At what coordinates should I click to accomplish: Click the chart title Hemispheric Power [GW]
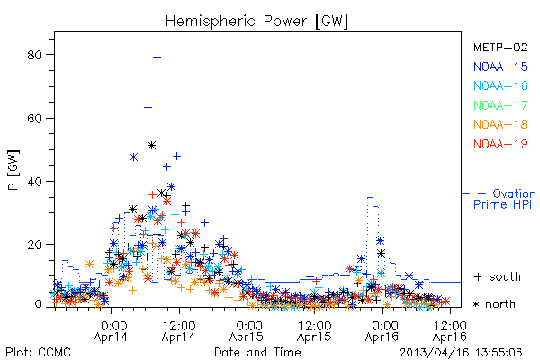[x=256, y=22]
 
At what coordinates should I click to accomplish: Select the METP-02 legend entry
[x=500, y=47]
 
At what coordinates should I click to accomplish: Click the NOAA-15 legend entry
[x=500, y=67]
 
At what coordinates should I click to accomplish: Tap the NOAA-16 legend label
[x=500, y=85]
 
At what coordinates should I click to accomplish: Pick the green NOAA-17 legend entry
[x=500, y=105]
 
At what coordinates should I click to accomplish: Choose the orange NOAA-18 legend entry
[x=500, y=124]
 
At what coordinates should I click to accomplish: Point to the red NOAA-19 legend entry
[x=500, y=144]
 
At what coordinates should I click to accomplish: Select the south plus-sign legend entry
[x=498, y=276]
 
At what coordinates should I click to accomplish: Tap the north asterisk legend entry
[x=494, y=304]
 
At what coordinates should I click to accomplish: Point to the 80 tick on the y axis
[x=34, y=55]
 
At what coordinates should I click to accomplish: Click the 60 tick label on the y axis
[x=34, y=119]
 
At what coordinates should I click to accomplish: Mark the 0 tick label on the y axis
[x=38, y=304]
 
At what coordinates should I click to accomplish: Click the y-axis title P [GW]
[x=13, y=170]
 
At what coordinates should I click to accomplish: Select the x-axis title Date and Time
[x=257, y=353]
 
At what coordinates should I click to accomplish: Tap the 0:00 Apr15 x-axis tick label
[x=247, y=331]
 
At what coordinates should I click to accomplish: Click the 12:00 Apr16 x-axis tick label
[x=450, y=331]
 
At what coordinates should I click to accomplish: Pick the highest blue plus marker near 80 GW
[x=157, y=58]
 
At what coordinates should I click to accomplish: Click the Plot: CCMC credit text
[x=38, y=353]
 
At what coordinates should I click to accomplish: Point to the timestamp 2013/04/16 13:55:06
[x=461, y=353]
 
